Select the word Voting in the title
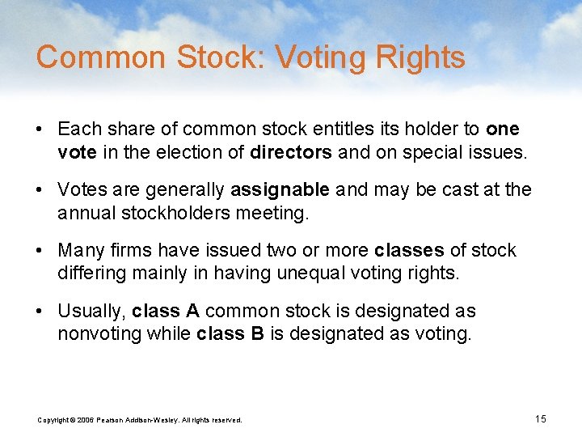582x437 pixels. (308, 58)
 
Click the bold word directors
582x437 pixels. (291, 151)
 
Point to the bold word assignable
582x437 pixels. (280, 190)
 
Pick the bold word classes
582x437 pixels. (409, 251)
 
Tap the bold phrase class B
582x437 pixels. (230, 333)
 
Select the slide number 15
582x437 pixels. (541, 418)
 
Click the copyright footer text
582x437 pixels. (140, 420)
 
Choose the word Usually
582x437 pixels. (91, 312)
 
